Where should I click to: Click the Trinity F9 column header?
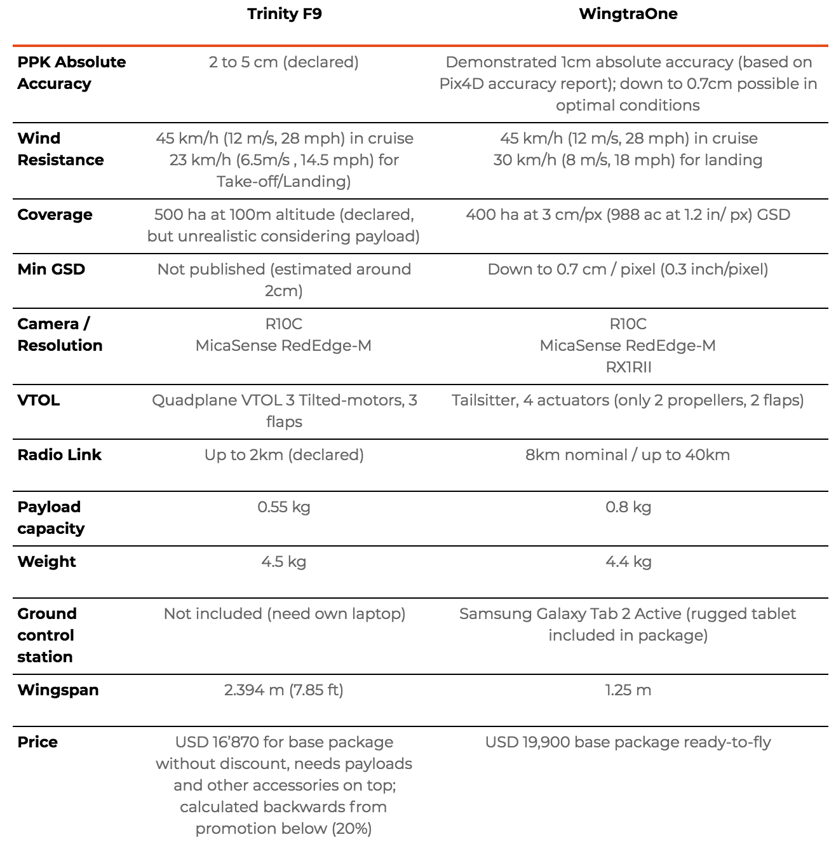click(284, 14)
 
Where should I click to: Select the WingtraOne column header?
click(628, 14)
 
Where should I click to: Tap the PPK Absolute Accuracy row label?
click(71, 72)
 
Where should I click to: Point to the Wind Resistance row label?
click(60, 149)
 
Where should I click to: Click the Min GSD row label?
click(51, 269)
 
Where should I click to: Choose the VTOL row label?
click(38, 400)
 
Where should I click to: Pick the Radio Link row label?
click(59, 454)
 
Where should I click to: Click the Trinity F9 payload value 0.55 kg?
click(284, 507)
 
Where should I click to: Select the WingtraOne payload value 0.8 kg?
click(628, 507)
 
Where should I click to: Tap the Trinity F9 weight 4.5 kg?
click(284, 561)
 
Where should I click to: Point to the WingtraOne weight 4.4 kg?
click(628, 561)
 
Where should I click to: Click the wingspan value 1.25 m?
click(628, 690)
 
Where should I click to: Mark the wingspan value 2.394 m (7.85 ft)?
click(284, 690)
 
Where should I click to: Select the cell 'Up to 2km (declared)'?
click(284, 454)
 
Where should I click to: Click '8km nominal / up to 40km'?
click(628, 454)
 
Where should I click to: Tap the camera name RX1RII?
click(628, 367)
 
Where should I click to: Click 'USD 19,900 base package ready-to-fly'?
click(628, 742)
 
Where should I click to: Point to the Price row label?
click(37, 742)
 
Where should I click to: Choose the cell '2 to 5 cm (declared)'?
click(284, 62)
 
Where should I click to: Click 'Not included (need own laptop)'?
click(284, 613)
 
